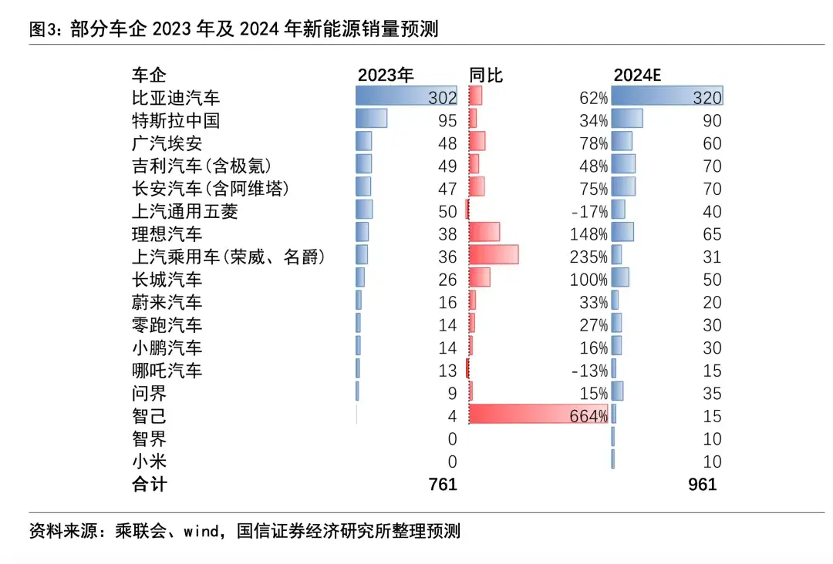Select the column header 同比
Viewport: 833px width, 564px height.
(486, 75)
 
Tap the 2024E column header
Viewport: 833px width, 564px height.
(638, 75)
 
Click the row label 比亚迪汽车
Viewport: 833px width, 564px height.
(176, 98)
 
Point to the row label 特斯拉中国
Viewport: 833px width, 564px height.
(176, 120)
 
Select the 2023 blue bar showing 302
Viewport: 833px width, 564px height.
(406, 96)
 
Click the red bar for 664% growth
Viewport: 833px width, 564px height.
(538, 414)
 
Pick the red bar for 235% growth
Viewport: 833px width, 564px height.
(493, 255)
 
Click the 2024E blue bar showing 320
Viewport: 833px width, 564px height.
(666, 96)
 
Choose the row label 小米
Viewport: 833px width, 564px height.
(149, 462)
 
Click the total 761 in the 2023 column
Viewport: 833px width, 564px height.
(443, 485)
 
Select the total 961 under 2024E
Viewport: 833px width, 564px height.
(702, 485)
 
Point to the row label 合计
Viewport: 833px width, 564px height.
(149, 485)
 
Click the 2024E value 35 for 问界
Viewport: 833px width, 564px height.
(712, 394)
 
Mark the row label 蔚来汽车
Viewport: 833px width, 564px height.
(167, 303)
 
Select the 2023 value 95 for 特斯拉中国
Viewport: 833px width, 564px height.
(447, 121)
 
